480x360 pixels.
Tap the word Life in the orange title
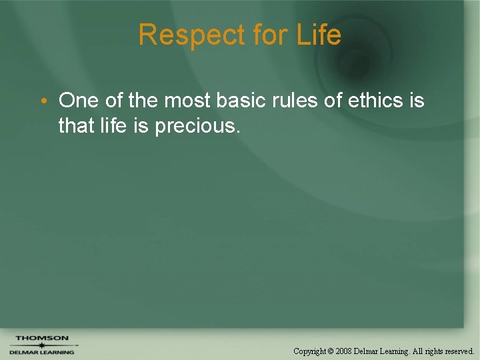point(319,35)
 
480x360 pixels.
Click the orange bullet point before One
point(42,101)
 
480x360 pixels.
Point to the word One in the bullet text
point(78,101)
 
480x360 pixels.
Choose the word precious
point(197,125)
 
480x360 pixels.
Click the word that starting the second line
point(77,125)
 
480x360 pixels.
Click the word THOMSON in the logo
point(41,338)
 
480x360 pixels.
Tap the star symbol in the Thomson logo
point(41,345)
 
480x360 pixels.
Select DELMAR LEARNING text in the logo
point(41,352)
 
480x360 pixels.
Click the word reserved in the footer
point(457,351)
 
